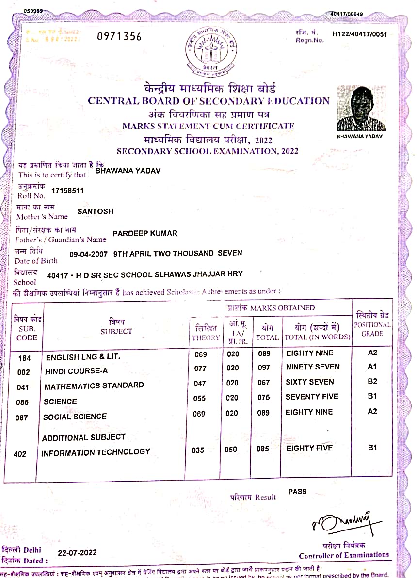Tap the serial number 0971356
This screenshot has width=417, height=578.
click(x=120, y=36)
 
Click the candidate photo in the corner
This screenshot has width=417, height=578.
click(x=361, y=108)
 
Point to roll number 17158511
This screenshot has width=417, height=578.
click(x=67, y=191)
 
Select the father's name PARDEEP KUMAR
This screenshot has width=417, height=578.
click(x=144, y=233)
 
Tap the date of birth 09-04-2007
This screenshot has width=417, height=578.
click(x=89, y=253)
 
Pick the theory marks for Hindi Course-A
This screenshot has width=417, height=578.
click(x=200, y=369)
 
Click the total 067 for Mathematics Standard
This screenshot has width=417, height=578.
click(x=264, y=383)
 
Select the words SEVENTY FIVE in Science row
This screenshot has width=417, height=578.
click(x=312, y=397)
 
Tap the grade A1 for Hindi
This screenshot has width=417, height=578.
click(x=372, y=367)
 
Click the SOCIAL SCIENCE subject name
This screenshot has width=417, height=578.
click(x=75, y=417)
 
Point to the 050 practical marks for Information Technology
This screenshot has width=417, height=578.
click(x=231, y=450)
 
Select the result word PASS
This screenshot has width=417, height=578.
click(x=297, y=491)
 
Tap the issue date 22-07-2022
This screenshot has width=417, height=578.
click(x=77, y=553)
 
